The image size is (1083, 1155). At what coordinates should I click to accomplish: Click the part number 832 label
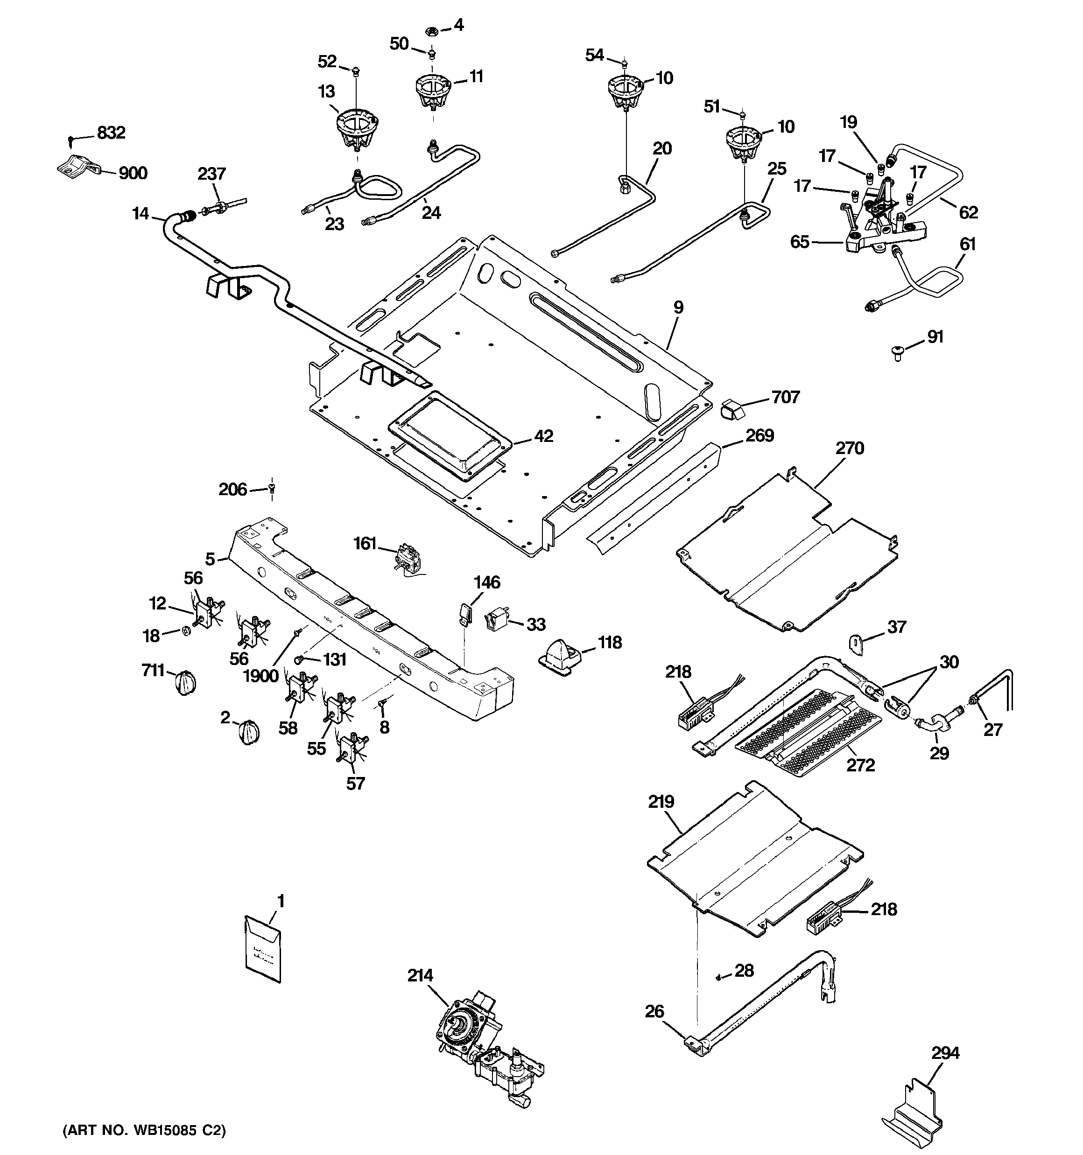point(111,133)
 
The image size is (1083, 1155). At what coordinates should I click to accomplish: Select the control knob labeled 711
point(185,681)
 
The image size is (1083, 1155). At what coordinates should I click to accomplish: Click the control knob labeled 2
point(249,731)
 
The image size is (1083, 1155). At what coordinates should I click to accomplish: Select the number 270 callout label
point(849,448)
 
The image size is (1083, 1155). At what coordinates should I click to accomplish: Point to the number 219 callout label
point(661,802)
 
